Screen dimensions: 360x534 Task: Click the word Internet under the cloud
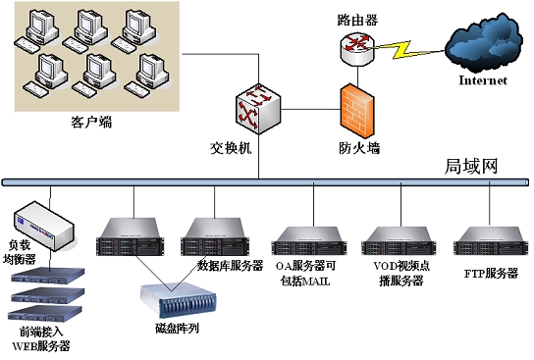click(483, 81)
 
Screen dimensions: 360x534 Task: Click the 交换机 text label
click(231, 149)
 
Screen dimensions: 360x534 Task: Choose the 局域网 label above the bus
click(472, 166)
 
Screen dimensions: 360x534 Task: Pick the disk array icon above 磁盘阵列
click(177, 299)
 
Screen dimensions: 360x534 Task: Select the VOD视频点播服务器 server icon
click(397, 241)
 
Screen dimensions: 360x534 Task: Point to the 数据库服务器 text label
click(231, 266)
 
